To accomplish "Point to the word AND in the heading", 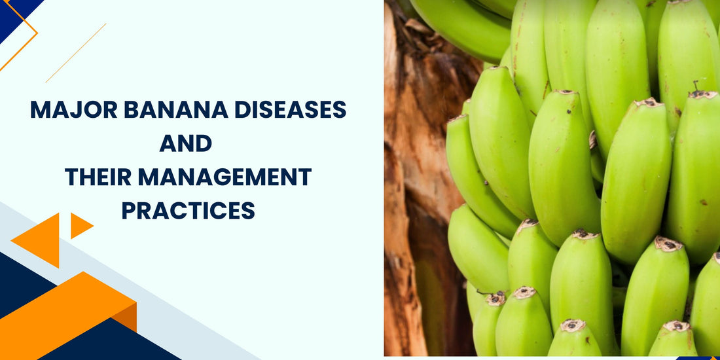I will (x=187, y=143).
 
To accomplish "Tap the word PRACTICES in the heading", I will (x=188, y=210).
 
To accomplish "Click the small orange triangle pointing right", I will (x=79, y=225).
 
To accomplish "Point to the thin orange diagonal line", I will (x=75, y=53).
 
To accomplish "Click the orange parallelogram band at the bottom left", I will (x=65, y=314).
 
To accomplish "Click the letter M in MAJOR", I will (x=38, y=110).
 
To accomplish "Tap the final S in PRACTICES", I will (x=248, y=210).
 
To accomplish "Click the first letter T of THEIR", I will (x=70, y=177).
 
